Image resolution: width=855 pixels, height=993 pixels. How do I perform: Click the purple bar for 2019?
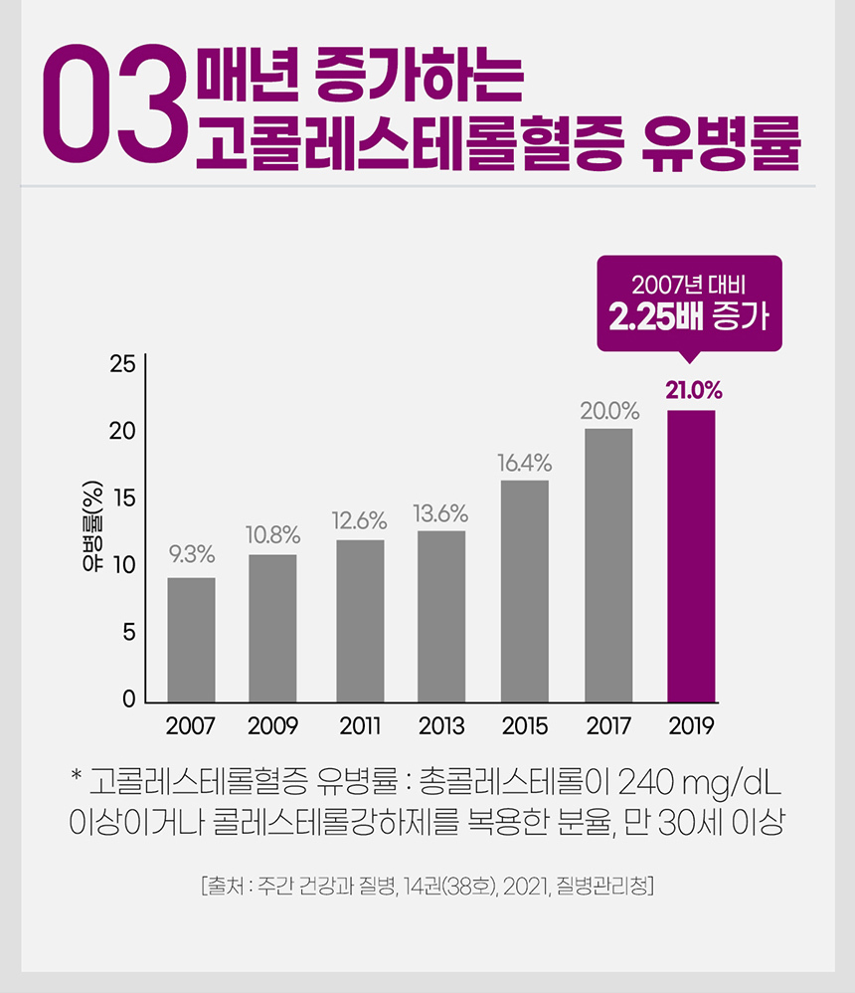[691, 556]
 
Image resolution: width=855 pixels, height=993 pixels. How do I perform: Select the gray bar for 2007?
[191, 640]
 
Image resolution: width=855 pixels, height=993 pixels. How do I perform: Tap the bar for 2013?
[441, 616]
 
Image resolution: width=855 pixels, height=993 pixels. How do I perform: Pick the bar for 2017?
[608, 565]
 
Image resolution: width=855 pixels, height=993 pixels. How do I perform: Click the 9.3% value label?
[192, 555]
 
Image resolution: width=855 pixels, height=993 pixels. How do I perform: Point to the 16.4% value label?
[525, 463]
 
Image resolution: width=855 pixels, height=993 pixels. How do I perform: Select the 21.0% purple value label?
[694, 391]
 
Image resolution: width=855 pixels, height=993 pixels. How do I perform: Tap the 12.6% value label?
[360, 520]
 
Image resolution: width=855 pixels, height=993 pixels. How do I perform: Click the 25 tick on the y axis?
[122, 364]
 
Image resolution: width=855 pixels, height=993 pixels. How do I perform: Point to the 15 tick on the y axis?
[124, 498]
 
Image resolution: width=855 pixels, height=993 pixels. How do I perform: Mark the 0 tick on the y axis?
[129, 699]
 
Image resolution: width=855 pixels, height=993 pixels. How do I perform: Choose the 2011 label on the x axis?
[360, 725]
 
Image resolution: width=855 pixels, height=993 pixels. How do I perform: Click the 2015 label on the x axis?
[525, 725]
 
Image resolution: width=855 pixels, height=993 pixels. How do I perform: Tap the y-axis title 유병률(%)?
[92, 526]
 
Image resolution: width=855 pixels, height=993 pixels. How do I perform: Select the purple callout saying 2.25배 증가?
[690, 304]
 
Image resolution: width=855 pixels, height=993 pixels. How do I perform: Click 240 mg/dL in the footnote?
[699, 782]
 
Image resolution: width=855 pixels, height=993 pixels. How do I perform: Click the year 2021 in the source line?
[525, 886]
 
